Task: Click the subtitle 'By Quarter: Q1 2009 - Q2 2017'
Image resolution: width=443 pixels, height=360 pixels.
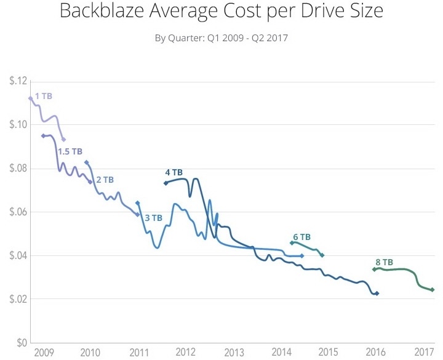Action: pos(221,38)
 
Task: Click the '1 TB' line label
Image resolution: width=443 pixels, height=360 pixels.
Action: pos(43,97)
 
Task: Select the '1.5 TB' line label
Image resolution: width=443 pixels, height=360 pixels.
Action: pos(70,151)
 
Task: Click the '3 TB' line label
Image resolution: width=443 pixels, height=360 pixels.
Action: pos(153,217)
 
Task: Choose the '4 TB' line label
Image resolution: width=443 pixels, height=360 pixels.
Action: pos(174,173)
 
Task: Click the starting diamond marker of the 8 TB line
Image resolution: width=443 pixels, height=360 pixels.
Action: pos(374,270)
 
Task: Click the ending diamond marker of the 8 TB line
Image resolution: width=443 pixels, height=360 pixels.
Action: pos(433,290)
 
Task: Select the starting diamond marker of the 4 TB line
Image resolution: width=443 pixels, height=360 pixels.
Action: pos(166,183)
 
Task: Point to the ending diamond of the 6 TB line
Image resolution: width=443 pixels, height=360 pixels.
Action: pos(322,255)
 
